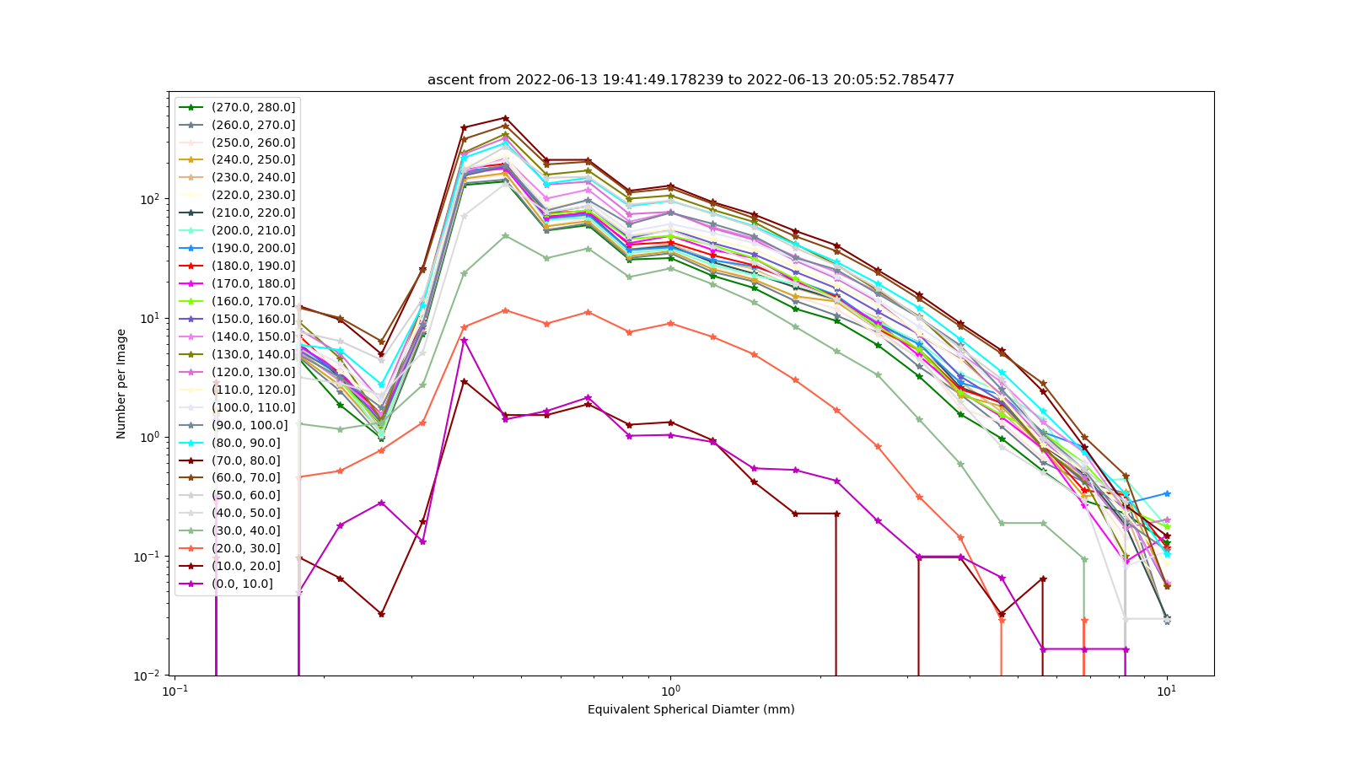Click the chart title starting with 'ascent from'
pyautogui.click(x=691, y=79)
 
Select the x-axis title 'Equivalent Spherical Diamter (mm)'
pyautogui.click(x=691, y=709)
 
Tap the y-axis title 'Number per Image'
pyautogui.click(x=121, y=384)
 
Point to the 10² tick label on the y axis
pyautogui.click(x=152, y=198)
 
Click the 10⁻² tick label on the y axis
pyautogui.click(x=150, y=676)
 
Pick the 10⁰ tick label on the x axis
pyautogui.click(x=671, y=691)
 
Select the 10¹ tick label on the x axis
pyautogui.click(x=1167, y=691)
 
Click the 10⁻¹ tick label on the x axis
pyautogui.click(x=175, y=691)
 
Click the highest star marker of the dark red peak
pyautogui.click(x=505, y=118)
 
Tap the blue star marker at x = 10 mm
pyautogui.click(x=1167, y=493)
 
